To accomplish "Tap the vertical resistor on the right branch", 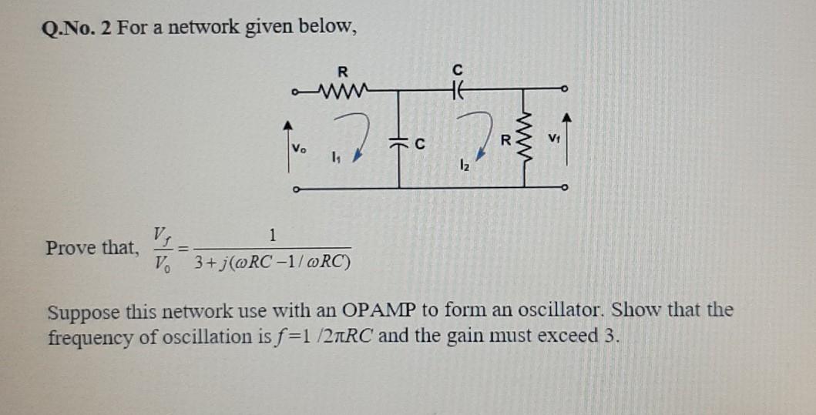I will pyautogui.click(x=526, y=140).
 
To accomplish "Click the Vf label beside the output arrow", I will pyautogui.click(x=553, y=139).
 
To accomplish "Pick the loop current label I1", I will pyautogui.click(x=334, y=159).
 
